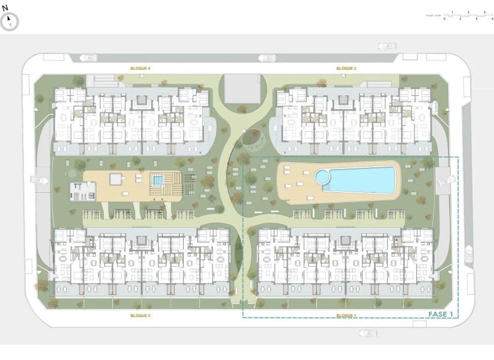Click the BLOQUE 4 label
tap(141, 69)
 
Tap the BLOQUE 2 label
tap(346, 69)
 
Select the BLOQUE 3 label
tap(141, 315)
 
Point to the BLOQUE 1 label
tap(346, 315)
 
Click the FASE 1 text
tap(440, 314)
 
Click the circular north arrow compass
tap(10, 22)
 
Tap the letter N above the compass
tap(5, 9)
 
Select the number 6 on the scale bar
tap(484, 19)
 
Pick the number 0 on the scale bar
tap(444, 19)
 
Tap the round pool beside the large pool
tap(321, 175)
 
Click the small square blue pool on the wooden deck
tap(157, 180)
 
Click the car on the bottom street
tap(367, 333)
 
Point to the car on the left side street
tap(39, 179)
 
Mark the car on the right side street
tap(445, 181)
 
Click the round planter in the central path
tap(252, 138)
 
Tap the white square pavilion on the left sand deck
tap(117, 179)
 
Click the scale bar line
tap(464, 15)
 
